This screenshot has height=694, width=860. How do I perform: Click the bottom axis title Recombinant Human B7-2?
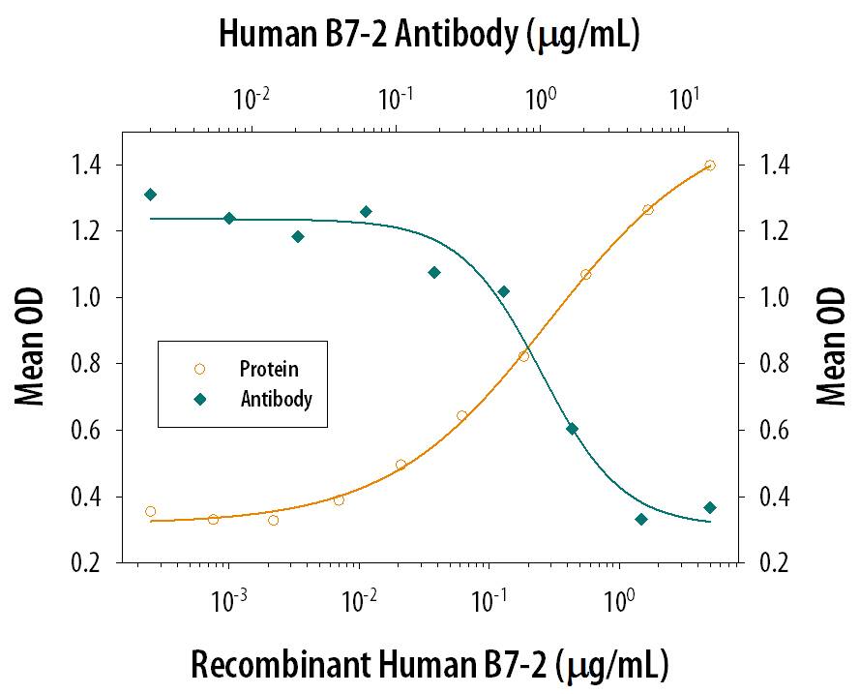(x=429, y=666)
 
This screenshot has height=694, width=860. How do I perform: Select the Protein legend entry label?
(x=269, y=369)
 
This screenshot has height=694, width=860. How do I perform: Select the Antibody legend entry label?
(x=276, y=398)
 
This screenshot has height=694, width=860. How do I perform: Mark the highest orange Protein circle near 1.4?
(x=710, y=166)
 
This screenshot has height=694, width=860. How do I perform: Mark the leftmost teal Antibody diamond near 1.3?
(x=150, y=195)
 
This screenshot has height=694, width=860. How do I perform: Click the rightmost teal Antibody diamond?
(x=710, y=507)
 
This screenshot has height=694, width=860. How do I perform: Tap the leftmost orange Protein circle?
(x=150, y=511)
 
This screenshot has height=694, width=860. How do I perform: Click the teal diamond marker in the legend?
(x=199, y=398)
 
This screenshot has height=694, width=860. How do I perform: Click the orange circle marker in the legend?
(x=199, y=369)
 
